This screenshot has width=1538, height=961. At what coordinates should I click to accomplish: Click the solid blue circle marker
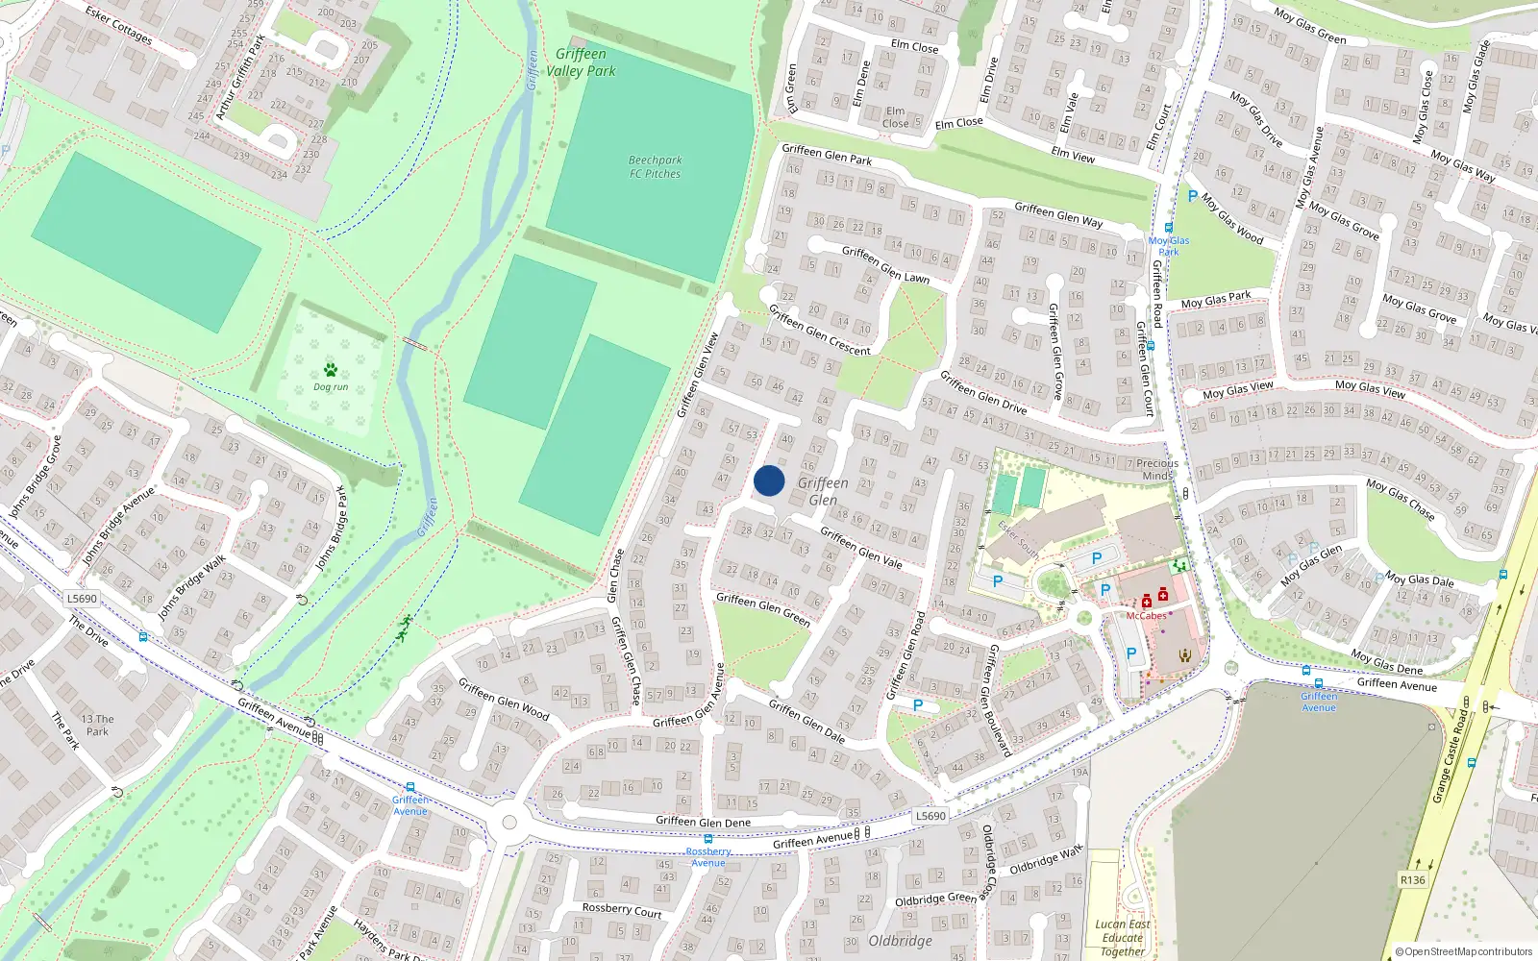[769, 480]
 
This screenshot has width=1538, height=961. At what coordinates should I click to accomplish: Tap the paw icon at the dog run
[331, 370]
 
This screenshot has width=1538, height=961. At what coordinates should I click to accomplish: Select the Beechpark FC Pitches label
[656, 167]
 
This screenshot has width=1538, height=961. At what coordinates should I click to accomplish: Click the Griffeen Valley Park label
[582, 62]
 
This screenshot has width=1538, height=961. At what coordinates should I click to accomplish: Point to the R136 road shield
[1412, 880]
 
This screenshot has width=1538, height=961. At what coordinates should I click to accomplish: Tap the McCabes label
[1146, 616]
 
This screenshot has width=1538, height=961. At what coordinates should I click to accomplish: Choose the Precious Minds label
[1157, 469]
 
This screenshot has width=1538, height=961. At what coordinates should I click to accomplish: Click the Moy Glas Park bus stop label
[1169, 246]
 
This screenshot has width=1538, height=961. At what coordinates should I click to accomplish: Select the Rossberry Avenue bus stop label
[708, 857]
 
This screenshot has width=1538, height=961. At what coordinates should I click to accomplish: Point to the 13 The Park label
[97, 725]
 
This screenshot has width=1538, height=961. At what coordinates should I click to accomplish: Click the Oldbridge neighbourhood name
[900, 941]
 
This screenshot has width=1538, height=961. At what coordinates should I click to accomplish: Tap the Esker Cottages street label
[118, 25]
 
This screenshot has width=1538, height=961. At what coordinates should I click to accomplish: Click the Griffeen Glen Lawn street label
[885, 264]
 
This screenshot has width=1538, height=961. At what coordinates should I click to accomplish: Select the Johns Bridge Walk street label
[191, 586]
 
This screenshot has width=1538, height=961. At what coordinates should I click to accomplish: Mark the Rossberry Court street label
[622, 909]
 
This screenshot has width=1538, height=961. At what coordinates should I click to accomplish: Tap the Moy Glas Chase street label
[1401, 500]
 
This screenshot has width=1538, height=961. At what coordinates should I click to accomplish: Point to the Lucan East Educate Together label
[1123, 938]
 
